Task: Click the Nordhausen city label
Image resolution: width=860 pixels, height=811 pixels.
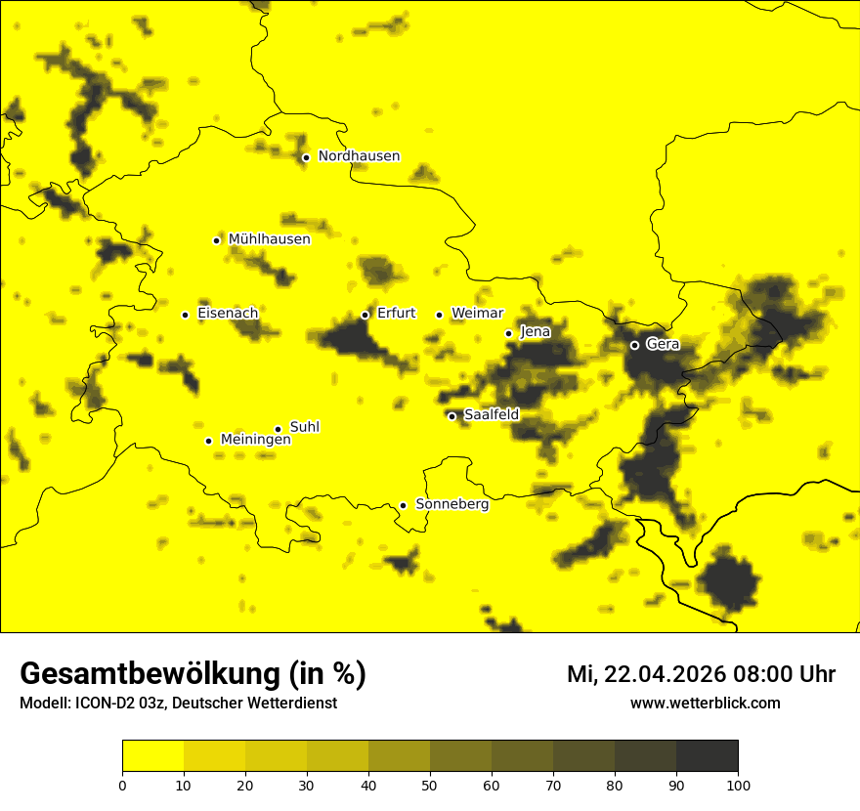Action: click(359, 156)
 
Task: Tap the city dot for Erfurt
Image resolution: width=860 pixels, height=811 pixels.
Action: click(365, 315)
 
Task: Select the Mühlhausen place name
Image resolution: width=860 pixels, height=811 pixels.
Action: click(269, 239)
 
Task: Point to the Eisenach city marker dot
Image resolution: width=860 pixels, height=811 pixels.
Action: click(185, 315)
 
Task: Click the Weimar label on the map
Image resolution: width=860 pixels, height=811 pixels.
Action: click(477, 314)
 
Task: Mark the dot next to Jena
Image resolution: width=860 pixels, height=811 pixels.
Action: click(508, 333)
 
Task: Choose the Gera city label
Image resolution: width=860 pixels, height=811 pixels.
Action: click(662, 344)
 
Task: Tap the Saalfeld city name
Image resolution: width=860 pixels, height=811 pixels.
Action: click(491, 415)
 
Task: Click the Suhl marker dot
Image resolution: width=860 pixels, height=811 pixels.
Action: click(278, 429)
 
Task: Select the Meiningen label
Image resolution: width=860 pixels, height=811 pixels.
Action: click(255, 440)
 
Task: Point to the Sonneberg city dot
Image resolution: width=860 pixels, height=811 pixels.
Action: click(403, 505)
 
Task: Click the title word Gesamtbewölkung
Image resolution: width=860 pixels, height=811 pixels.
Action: click(146, 674)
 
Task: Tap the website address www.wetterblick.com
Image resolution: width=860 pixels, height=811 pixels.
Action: click(705, 704)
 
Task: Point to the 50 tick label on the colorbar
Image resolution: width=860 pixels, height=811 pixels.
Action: click(430, 785)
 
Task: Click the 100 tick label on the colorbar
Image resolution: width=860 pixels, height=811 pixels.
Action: click(738, 785)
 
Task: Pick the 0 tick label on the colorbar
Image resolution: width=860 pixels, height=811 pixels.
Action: click(122, 785)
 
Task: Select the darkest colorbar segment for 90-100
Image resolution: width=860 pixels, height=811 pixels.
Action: click(707, 756)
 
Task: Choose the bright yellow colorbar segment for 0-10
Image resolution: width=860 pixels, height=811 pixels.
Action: click(152, 756)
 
